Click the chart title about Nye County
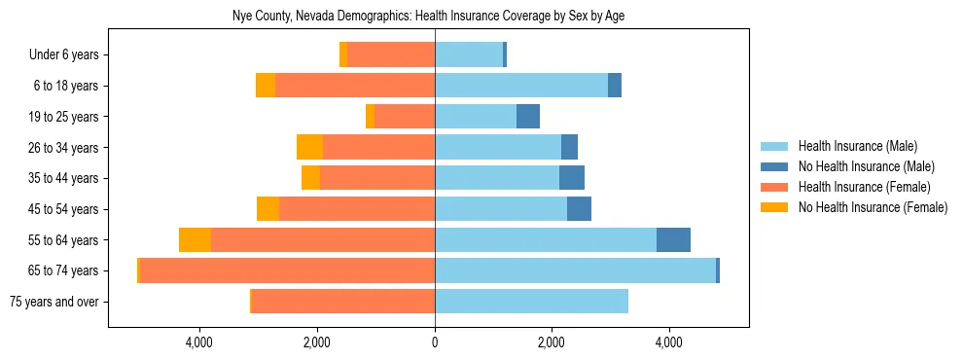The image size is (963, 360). tap(435, 17)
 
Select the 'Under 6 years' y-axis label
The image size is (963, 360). tap(64, 55)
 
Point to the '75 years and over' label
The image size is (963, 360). tap(53, 302)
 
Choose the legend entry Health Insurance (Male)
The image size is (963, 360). tap(857, 146)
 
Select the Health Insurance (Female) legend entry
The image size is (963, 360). tap(864, 187)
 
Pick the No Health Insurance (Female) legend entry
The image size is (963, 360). tap(873, 207)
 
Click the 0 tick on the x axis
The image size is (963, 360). tap(435, 342)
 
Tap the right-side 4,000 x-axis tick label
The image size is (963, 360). tap(669, 342)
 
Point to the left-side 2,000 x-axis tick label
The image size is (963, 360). tap(317, 342)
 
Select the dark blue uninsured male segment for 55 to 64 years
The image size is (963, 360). tap(673, 240)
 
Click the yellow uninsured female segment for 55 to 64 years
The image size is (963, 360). tap(195, 240)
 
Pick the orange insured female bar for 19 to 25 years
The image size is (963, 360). tap(405, 117)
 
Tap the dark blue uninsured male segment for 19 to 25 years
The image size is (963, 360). tap(527, 117)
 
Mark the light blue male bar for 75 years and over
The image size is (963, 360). tap(531, 302)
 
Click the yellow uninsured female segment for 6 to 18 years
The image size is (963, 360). tap(266, 86)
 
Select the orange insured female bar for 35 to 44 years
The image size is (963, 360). tap(377, 178)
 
